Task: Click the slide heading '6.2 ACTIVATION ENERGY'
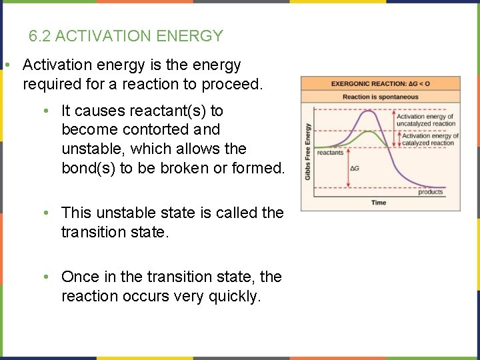[x=126, y=36]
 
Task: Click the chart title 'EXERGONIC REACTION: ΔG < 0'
[x=380, y=84]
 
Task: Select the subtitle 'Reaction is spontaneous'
[x=380, y=97]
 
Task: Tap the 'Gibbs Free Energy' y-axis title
[x=308, y=151]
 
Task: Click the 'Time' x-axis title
[x=379, y=203]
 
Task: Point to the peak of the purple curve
[x=367, y=111]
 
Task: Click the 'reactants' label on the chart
[x=331, y=153]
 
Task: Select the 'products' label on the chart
[x=430, y=192]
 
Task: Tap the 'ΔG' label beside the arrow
[x=355, y=168]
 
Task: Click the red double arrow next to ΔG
[x=347, y=167]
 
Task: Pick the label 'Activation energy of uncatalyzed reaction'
[x=426, y=120]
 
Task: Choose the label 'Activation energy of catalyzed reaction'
[x=429, y=139]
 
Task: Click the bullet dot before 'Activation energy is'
[x=5, y=65]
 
